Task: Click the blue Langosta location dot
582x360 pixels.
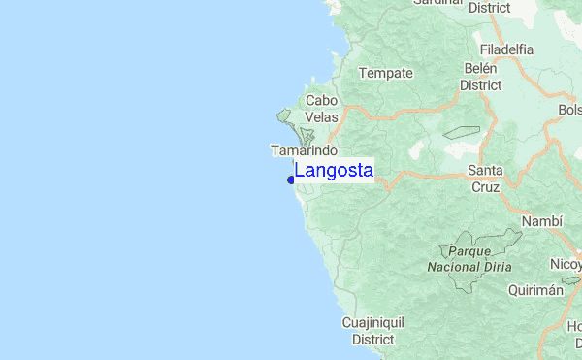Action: [291, 180]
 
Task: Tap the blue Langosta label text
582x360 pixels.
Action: [334, 170]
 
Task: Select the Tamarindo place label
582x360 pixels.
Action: [304, 151]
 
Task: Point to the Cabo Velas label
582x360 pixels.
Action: [321, 108]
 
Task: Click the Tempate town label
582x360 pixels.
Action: [386, 73]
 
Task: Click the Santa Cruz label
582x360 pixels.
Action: [484, 180]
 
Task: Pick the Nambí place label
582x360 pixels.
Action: [542, 221]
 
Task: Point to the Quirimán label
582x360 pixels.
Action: [534, 289]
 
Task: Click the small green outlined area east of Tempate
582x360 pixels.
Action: [462, 133]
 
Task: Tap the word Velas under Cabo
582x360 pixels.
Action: [321, 116]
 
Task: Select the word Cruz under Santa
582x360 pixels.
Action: [484, 188]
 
